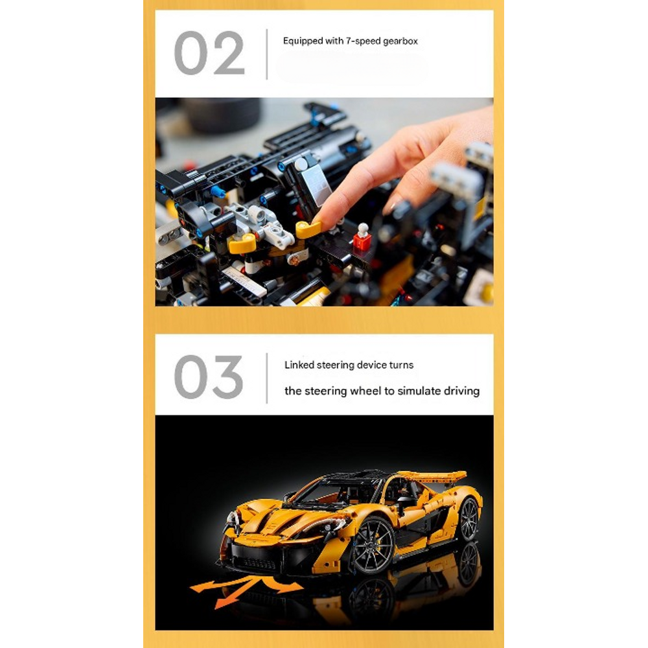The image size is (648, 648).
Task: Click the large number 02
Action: [x=209, y=53]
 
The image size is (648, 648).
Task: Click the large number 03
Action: [x=209, y=376]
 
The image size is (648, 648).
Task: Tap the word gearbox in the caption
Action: [x=400, y=41]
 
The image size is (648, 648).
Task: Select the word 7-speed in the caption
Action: [x=363, y=41]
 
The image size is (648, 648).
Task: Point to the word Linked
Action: [x=299, y=365]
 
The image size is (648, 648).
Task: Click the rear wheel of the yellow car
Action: [x=469, y=518]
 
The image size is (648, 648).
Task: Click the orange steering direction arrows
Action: [x=246, y=590]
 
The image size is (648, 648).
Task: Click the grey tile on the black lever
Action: [x=316, y=187]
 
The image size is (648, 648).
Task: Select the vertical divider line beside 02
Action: [x=267, y=54]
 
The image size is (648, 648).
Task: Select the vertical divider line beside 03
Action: [x=267, y=378]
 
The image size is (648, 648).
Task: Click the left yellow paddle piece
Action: [x=242, y=244]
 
